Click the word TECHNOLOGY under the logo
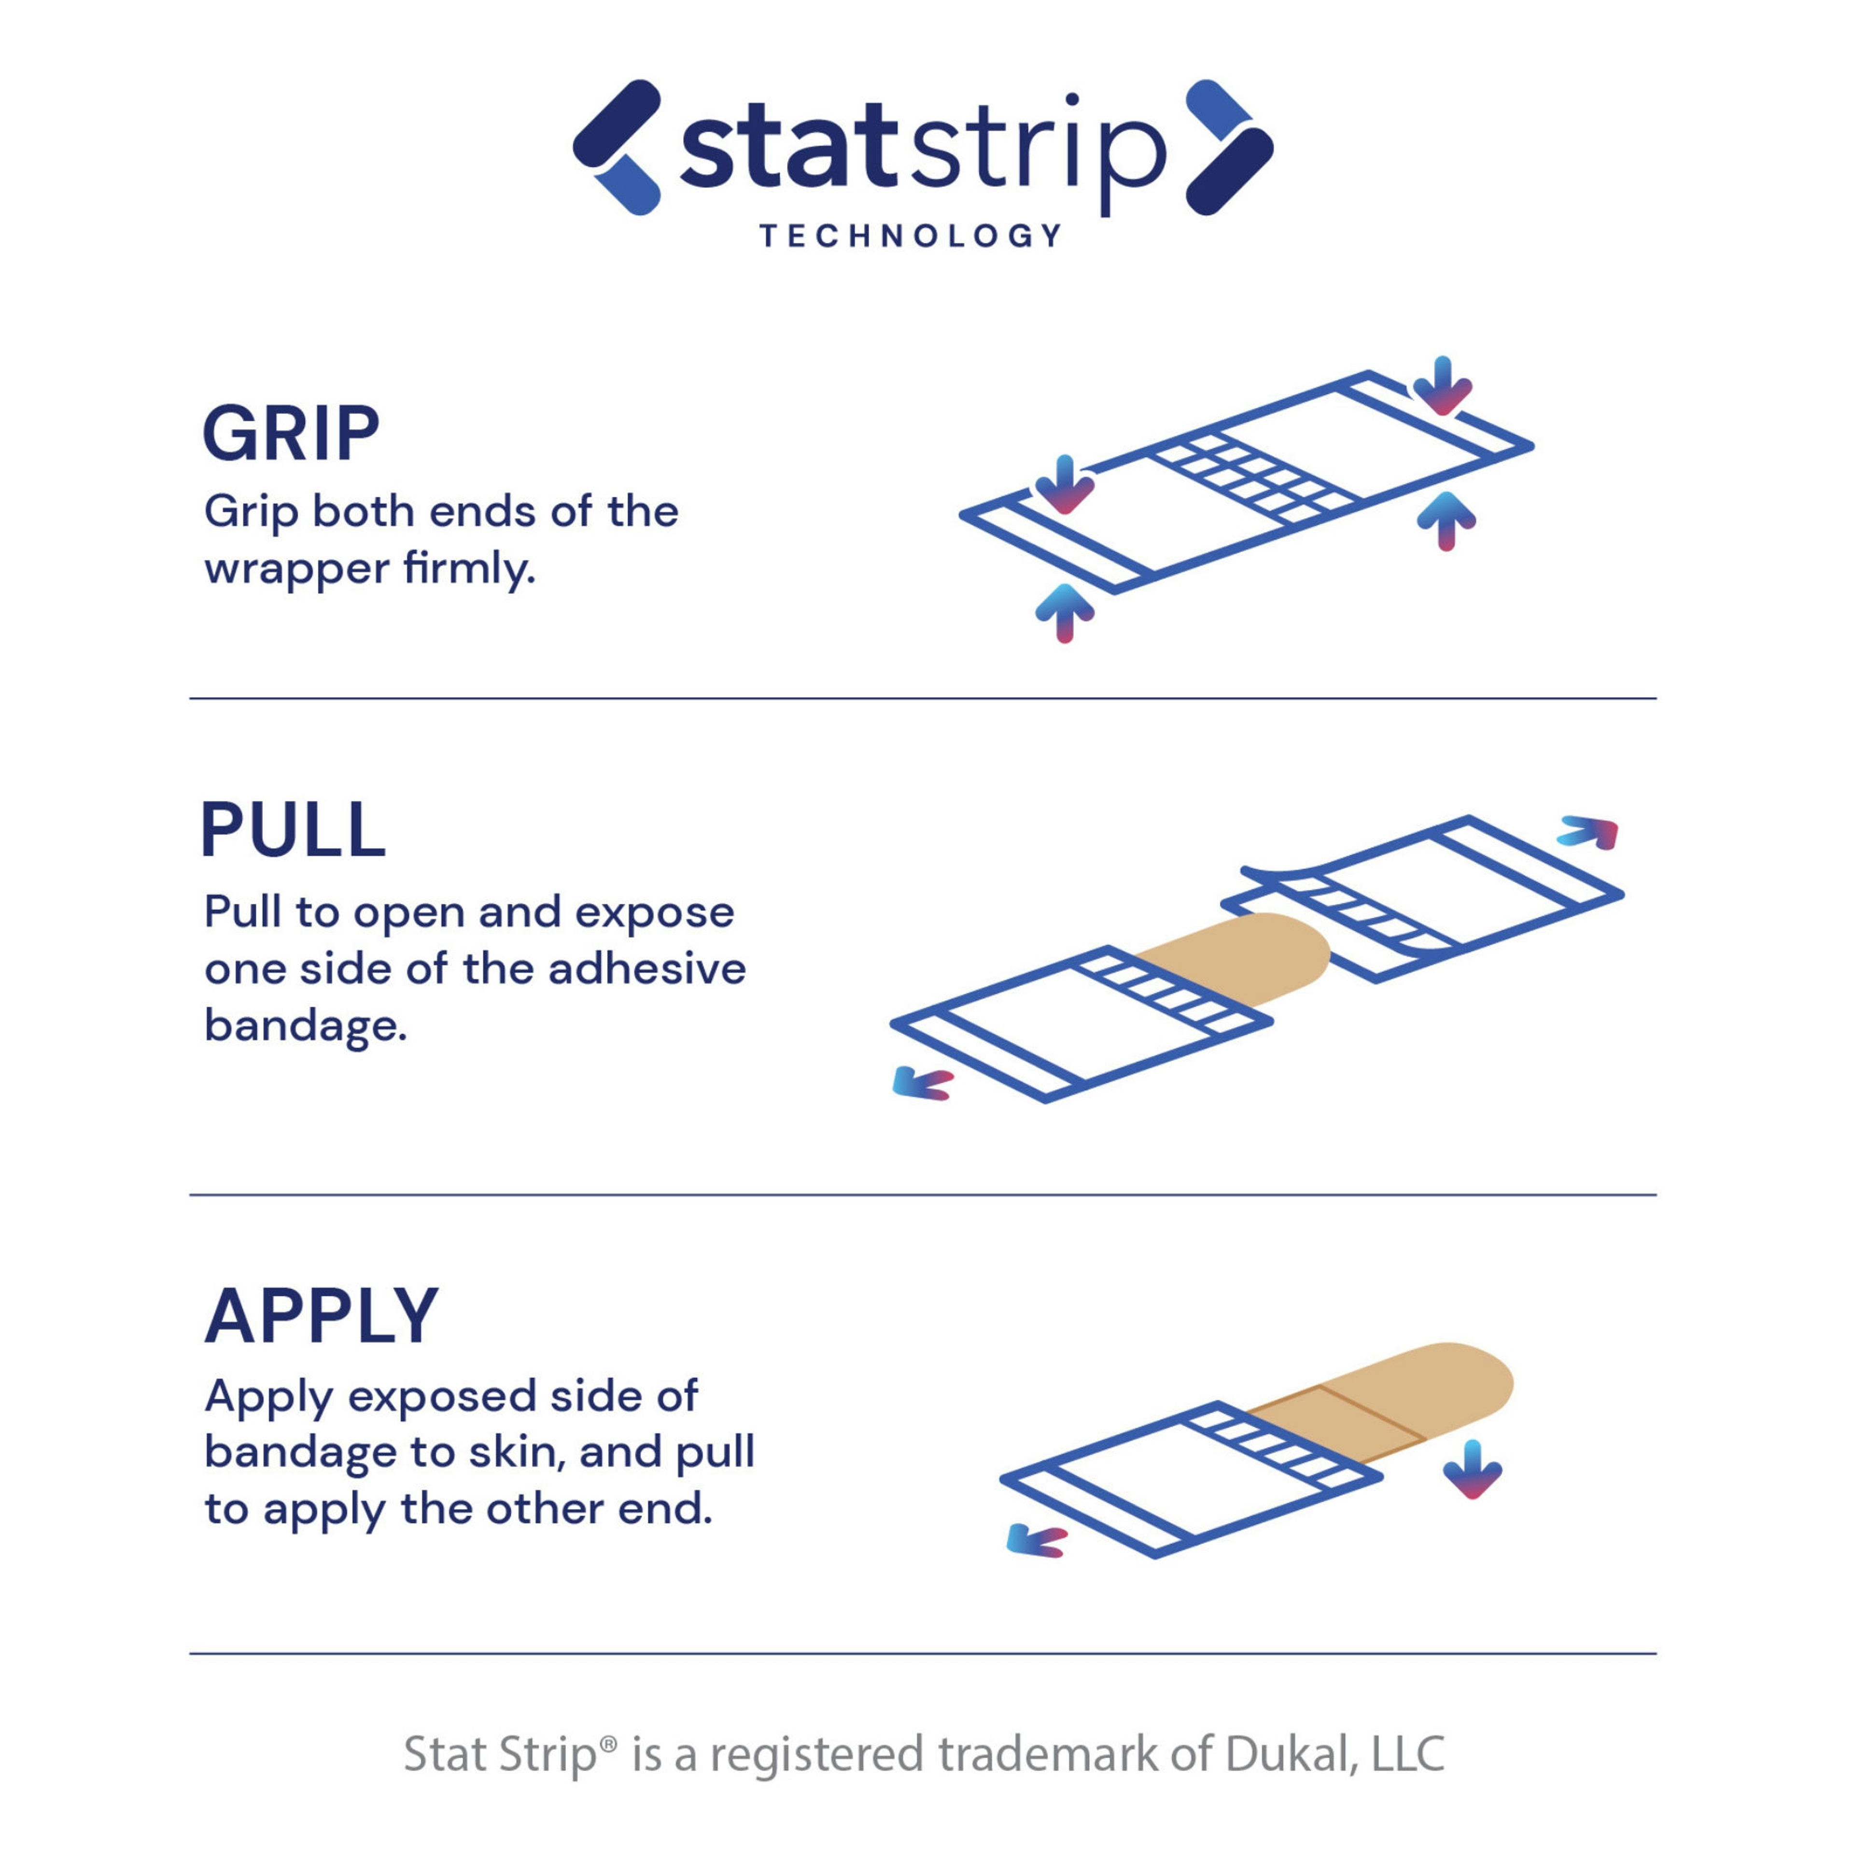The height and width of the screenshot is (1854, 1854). (x=911, y=236)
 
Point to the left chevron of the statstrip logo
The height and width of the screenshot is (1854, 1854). (x=617, y=147)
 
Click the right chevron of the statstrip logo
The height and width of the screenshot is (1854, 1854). (x=1229, y=147)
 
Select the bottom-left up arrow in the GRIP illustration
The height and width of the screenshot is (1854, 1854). (x=1064, y=612)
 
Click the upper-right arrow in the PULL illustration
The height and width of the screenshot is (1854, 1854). (x=1588, y=831)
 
